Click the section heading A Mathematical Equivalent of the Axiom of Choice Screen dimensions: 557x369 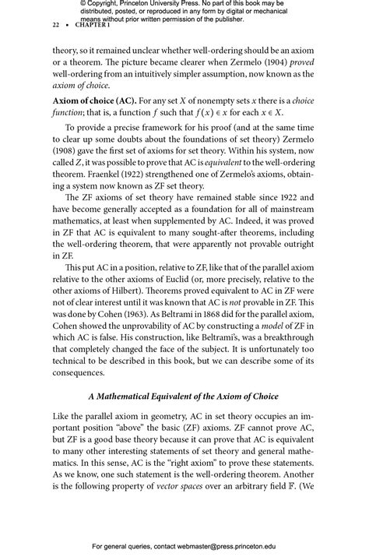(183, 397)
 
